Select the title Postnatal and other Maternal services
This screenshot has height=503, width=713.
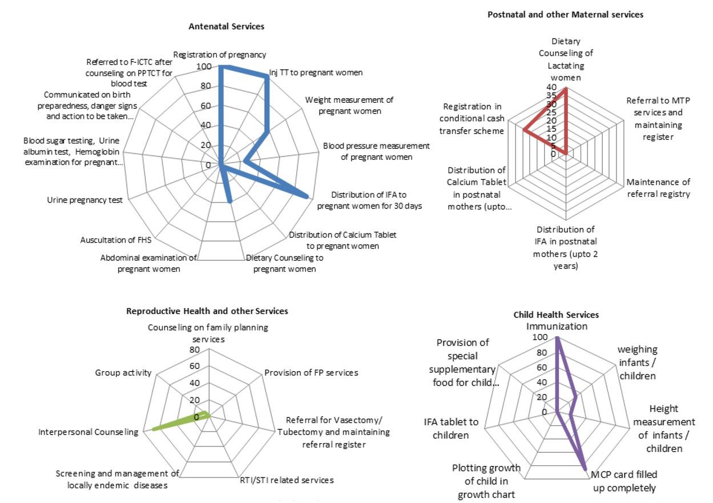coord(565,14)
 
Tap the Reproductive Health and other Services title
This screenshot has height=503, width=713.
coord(207,311)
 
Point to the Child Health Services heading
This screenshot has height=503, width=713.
coord(556,315)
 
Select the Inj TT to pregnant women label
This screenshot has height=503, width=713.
coord(316,73)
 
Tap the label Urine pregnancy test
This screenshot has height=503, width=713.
coord(84,200)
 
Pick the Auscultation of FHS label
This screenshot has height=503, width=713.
coord(116,240)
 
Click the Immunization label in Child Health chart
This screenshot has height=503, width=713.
coord(557,327)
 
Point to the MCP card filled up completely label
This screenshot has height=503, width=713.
coord(623,481)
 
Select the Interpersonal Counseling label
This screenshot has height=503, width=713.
coord(88,432)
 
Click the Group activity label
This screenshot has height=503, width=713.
coord(123,373)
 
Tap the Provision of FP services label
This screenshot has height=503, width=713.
coord(311,372)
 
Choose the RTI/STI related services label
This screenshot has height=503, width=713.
coord(287,480)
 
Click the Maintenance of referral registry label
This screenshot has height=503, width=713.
coord(658,188)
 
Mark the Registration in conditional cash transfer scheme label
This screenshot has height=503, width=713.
coord(473,119)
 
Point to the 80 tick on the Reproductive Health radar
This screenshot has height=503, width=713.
coord(194,350)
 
